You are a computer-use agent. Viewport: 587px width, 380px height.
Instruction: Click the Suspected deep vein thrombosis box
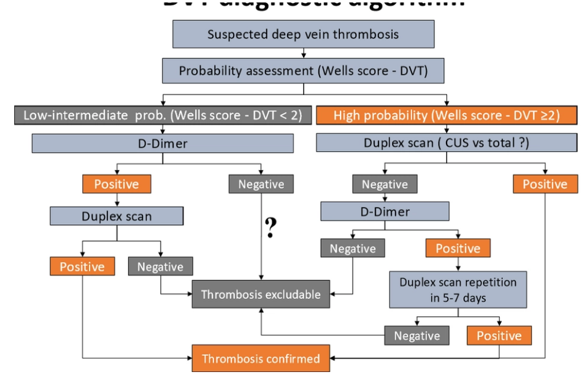303,34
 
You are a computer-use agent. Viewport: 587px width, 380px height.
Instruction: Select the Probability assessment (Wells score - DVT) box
303,71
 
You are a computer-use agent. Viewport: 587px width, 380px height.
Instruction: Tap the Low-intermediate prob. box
162,115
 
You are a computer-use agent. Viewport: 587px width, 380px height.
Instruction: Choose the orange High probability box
447,115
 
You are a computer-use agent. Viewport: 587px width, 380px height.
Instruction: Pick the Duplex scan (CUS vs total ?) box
447,142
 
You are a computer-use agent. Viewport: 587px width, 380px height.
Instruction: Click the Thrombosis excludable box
261,295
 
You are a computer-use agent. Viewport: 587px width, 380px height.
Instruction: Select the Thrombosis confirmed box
261,359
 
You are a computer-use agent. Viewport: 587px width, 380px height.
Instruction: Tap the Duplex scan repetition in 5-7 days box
458,290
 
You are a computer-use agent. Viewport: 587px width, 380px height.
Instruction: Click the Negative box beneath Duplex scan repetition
417,336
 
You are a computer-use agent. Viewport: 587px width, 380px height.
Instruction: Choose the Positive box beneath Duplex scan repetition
499,336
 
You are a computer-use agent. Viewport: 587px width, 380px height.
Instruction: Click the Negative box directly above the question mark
261,184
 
